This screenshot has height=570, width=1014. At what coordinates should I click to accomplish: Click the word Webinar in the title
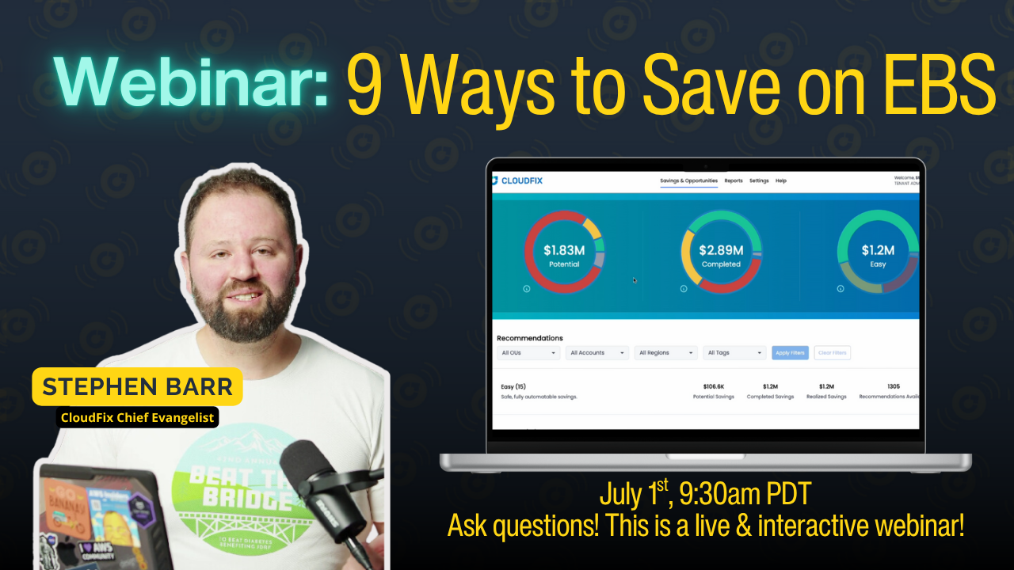coord(191,82)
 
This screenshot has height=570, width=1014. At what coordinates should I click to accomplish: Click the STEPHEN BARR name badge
coord(137,387)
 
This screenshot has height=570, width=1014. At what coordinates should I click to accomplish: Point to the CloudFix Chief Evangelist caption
coord(137,418)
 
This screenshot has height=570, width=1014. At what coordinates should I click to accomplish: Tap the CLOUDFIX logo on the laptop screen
coord(518,180)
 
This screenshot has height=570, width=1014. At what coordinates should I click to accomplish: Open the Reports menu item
coord(734,180)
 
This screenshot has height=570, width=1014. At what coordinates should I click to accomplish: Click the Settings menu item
coord(759,180)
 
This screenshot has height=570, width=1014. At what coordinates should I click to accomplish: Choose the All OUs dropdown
coord(528,352)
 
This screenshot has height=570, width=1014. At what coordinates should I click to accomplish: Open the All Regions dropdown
coord(665,352)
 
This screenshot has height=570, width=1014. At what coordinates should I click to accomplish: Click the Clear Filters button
coord(832,352)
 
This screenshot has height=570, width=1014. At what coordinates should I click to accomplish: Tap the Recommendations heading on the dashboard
coord(530,338)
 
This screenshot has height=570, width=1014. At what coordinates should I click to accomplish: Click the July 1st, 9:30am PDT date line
coord(705,495)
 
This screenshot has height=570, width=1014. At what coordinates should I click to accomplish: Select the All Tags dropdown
coord(734,352)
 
